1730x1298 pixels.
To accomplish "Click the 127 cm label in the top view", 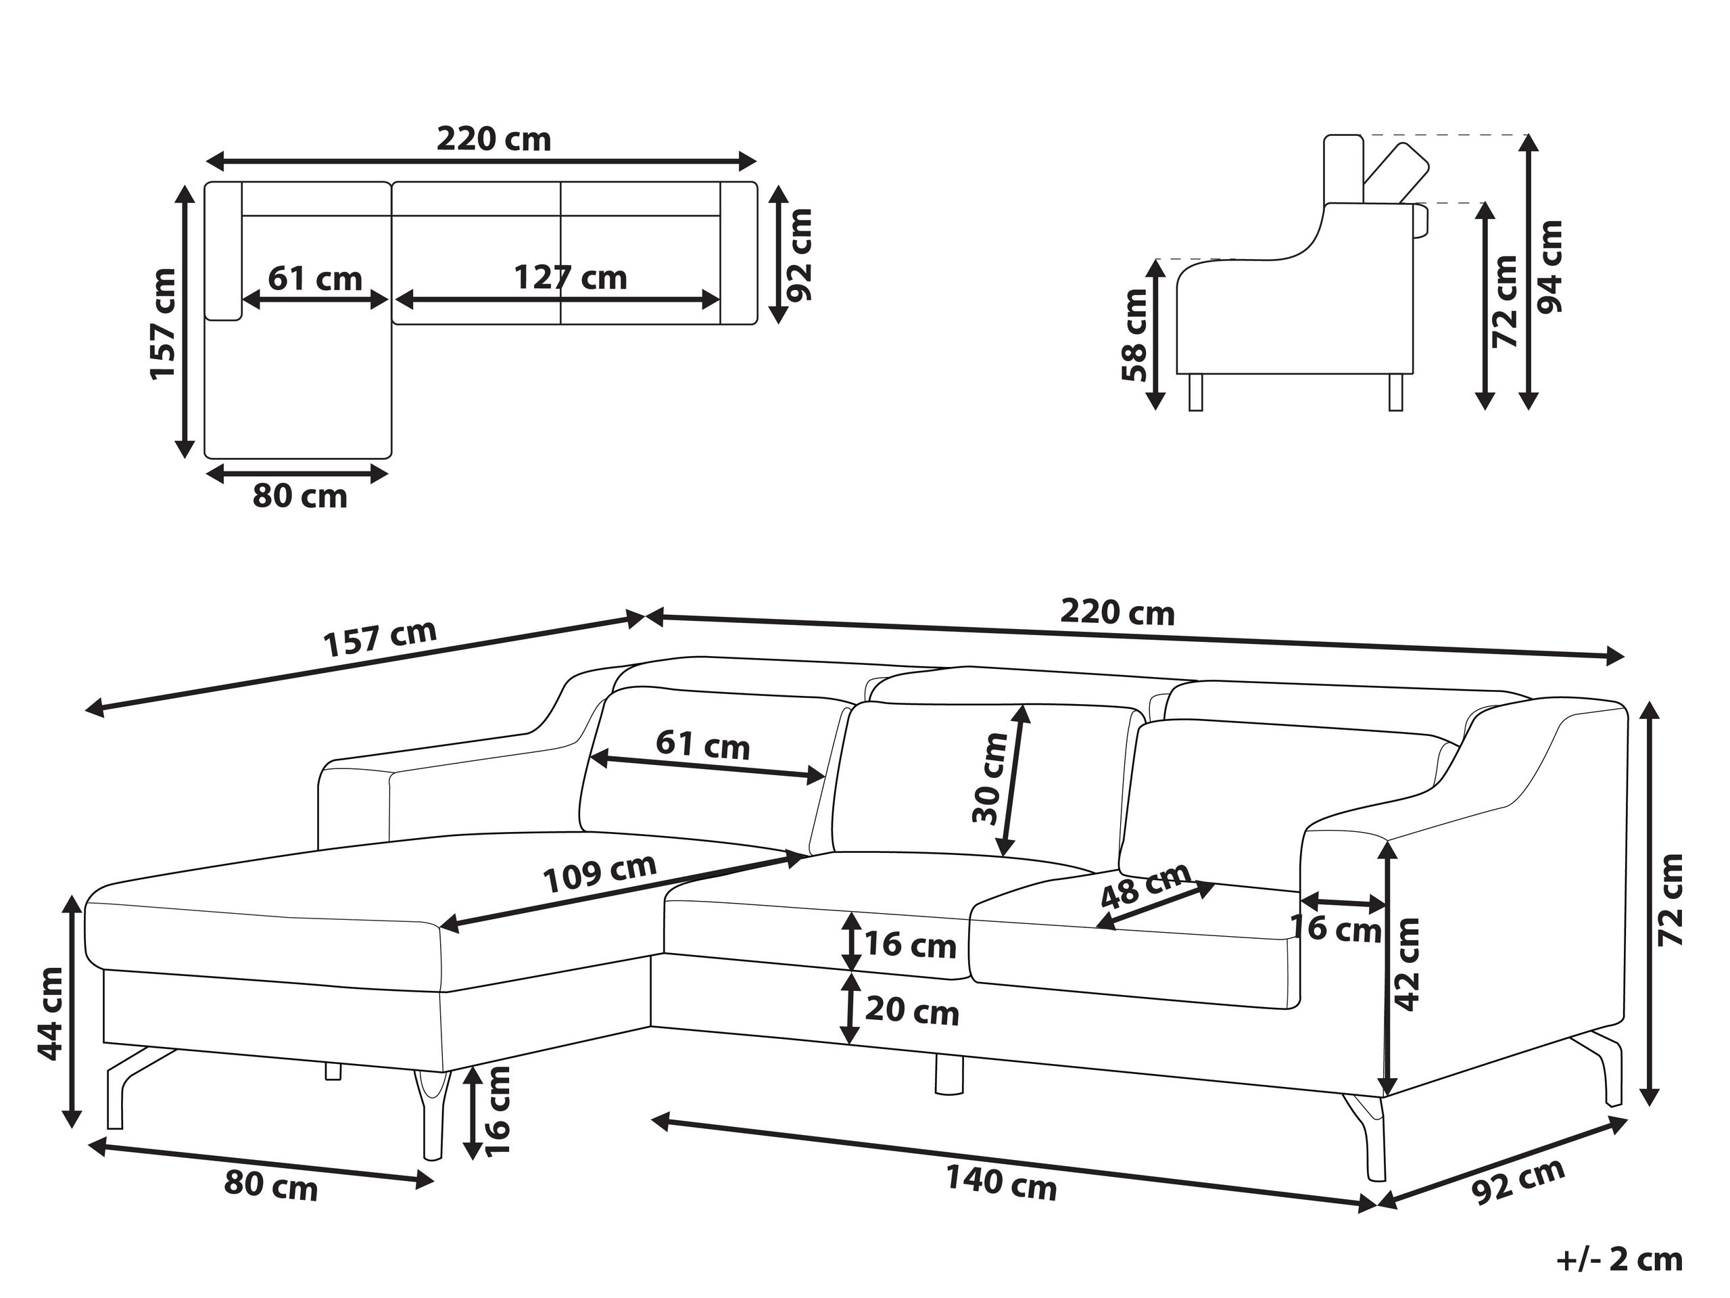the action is coord(570,278).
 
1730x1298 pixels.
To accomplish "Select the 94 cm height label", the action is coord(1550,266).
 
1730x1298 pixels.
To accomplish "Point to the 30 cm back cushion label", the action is coord(991,779).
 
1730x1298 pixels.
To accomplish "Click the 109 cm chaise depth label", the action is coord(600,874).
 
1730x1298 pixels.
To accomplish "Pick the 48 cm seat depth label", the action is coord(1146,885).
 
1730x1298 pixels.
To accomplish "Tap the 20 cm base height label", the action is coord(912,1012).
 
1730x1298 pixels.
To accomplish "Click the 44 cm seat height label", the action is coord(51,1014).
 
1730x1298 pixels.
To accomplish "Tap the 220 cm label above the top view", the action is coord(494,139).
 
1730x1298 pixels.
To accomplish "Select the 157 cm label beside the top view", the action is coord(164,324).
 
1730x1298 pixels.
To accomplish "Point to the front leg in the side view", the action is coord(1195,391).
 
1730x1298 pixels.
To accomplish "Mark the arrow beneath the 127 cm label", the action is coord(557,299).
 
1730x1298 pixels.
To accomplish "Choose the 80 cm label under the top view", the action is coord(299,496).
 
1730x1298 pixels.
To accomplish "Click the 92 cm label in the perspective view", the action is coord(1518,1180).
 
